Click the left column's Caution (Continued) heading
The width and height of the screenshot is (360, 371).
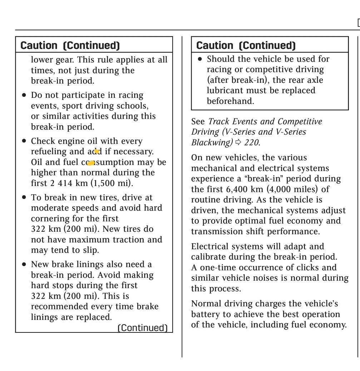click(x=70, y=45)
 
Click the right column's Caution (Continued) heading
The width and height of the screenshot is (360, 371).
click(x=246, y=45)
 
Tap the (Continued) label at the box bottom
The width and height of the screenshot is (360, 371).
click(x=143, y=328)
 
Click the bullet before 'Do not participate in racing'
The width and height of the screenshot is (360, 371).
click(x=24, y=95)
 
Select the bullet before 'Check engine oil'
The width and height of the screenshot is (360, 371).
click(x=24, y=141)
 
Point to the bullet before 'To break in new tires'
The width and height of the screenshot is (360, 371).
click(x=24, y=197)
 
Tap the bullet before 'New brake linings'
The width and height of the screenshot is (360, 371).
click(x=24, y=265)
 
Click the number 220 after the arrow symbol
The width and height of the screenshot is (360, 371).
click(x=252, y=142)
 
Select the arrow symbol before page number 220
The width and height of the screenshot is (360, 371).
click(x=238, y=142)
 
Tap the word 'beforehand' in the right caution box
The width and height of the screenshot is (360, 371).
click(x=230, y=101)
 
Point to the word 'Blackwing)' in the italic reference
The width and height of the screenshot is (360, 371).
click(x=212, y=142)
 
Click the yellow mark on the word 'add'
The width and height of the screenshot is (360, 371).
click(x=96, y=151)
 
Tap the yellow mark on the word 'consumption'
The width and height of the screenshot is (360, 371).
click(x=91, y=163)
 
